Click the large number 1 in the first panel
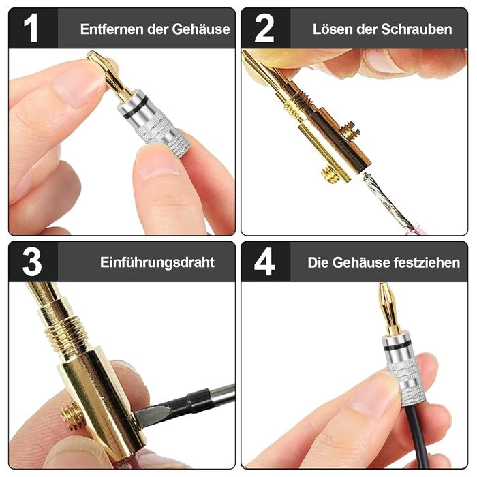(x=31, y=28)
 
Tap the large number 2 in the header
(x=264, y=28)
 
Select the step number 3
(x=31, y=262)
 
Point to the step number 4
(x=264, y=262)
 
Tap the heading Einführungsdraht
(x=157, y=262)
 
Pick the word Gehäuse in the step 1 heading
(x=201, y=29)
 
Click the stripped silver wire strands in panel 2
(x=388, y=202)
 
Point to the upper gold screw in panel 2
(x=350, y=129)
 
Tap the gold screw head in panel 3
(x=72, y=415)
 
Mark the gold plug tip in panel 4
(x=387, y=308)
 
